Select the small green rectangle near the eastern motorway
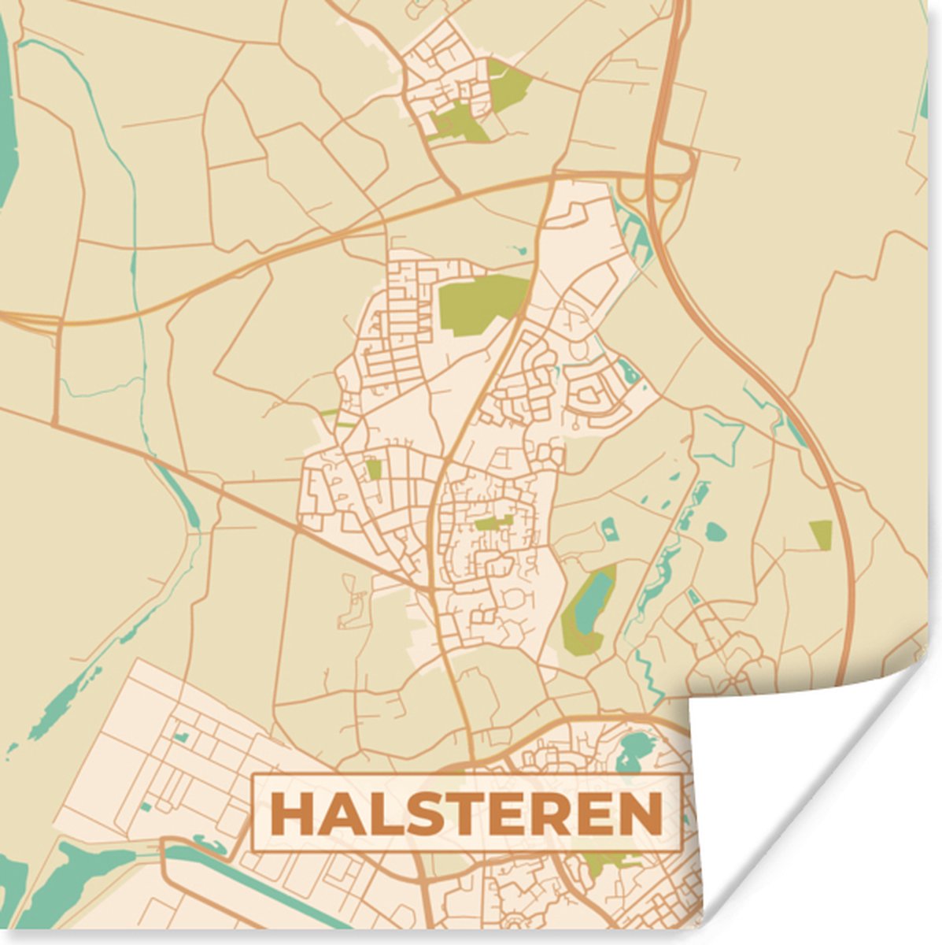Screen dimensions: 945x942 click(820, 534)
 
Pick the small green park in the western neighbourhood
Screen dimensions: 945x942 click(374, 469)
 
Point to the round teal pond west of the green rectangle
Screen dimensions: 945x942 click(715, 532)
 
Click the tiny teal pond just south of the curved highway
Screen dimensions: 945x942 click(519, 251)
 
